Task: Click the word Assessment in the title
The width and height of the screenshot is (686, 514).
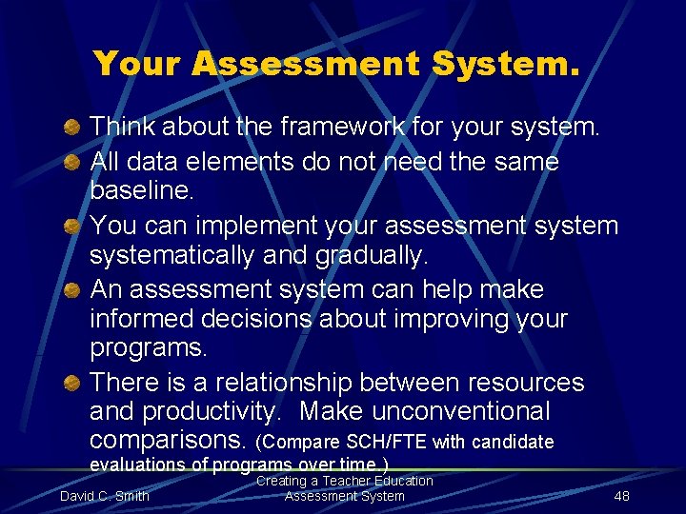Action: click(x=306, y=64)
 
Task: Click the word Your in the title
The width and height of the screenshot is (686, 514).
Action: click(x=137, y=64)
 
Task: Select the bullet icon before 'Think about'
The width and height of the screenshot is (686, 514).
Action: click(x=71, y=128)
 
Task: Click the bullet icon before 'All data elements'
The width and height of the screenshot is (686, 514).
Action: click(x=71, y=163)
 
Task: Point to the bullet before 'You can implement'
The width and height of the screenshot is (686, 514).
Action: click(x=71, y=227)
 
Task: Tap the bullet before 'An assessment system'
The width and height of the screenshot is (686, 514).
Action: click(x=71, y=289)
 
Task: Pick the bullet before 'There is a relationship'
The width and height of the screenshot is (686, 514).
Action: click(x=71, y=383)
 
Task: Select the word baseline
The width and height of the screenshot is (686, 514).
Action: click(x=140, y=190)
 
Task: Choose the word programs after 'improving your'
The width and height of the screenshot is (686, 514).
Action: click(x=147, y=347)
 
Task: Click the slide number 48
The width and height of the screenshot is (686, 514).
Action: click(x=622, y=496)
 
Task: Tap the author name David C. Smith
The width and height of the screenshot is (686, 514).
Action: click(x=104, y=496)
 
